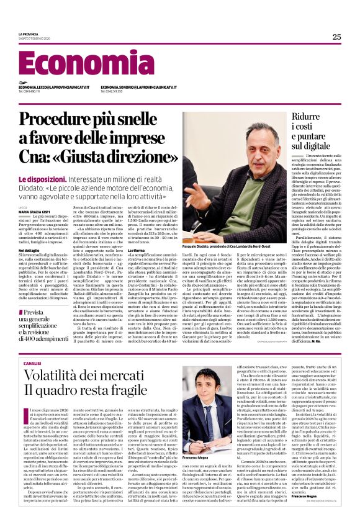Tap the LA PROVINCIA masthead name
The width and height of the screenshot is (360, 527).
click(28, 35)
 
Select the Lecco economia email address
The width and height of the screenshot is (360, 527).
click(54, 88)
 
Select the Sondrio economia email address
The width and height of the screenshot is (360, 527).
click(138, 88)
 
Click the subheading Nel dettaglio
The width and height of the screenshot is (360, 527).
click(29, 249)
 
